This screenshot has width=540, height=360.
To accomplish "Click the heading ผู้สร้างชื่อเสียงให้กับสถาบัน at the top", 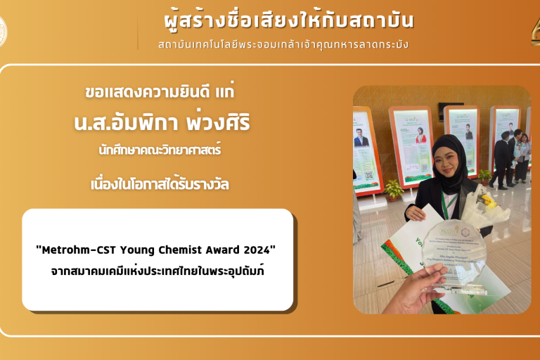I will tap(283, 20).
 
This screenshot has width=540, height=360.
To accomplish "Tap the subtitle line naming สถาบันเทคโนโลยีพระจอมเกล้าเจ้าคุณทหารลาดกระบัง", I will tap(283, 44).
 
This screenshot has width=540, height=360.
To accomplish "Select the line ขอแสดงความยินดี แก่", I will tap(159, 92).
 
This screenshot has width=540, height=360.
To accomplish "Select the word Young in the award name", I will tap(136, 250).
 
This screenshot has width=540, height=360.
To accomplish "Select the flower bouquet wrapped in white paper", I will tap(485, 204).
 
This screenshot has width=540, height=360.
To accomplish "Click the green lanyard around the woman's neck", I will tap(445, 204).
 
